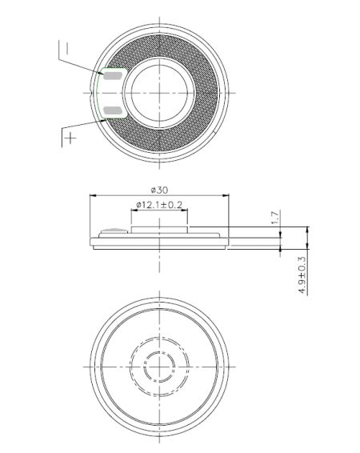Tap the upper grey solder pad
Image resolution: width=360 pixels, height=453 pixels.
click(x=112, y=76)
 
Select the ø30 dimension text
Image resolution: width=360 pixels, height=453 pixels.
click(x=158, y=189)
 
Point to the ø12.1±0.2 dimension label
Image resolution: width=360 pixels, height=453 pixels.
click(x=160, y=206)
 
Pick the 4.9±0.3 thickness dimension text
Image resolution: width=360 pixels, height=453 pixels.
click(x=302, y=275)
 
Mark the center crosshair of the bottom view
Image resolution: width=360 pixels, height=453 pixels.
click(x=160, y=367)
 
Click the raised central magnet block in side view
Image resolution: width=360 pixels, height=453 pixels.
click(x=160, y=231)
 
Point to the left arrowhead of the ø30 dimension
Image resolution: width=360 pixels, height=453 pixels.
click(x=93, y=195)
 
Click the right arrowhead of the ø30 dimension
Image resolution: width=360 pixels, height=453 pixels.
click(x=226, y=195)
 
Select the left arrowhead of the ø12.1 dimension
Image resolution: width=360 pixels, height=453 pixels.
click(x=134, y=211)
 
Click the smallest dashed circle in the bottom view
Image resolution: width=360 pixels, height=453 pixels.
click(x=160, y=367)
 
